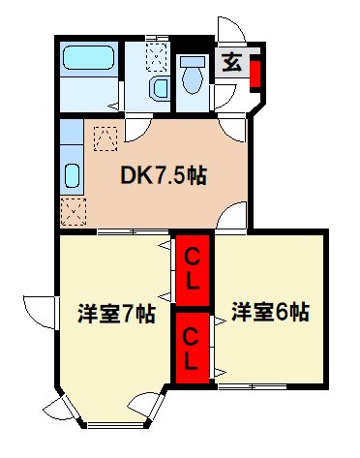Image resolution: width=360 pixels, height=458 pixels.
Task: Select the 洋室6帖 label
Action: click(270, 312)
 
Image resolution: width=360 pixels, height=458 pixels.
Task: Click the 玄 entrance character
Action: click(232, 66)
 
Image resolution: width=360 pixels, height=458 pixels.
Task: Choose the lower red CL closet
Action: click(194, 346)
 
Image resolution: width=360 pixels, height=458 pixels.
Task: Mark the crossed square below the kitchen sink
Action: click(74, 210)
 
